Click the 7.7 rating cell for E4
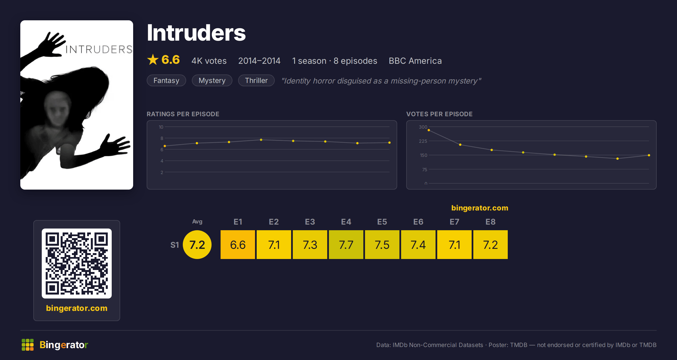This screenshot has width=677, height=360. [x=346, y=245]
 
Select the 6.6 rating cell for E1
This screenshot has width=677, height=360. [x=238, y=245]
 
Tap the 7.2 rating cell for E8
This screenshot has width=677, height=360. [x=491, y=245]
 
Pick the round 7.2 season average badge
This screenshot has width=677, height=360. [x=197, y=245]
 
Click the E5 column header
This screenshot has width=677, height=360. [x=382, y=222]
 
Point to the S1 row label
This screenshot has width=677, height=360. [x=175, y=245]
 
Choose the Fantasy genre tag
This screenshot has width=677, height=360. [x=166, y=80]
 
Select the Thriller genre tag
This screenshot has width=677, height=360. [x=256, y=80]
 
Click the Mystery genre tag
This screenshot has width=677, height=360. [x=212, y=80]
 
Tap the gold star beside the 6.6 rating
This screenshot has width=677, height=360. [x=153, y=60]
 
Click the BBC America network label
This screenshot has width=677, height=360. [x=415, y=61]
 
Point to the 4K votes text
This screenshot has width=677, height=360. [x=209, y=61]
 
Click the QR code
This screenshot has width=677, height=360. [x=77, y=264]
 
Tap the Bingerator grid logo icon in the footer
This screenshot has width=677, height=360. [x=28, y=345]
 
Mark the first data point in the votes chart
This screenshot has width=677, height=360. [x=429, y=130]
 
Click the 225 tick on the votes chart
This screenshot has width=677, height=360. [x=423, y=141]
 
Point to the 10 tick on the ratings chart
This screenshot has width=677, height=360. [x=161, y=127]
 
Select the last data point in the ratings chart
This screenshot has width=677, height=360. [x=390, y=142]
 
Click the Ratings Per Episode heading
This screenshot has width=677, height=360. [x=183, y=114]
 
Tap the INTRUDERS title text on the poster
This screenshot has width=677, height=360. [x=99, y=49]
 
